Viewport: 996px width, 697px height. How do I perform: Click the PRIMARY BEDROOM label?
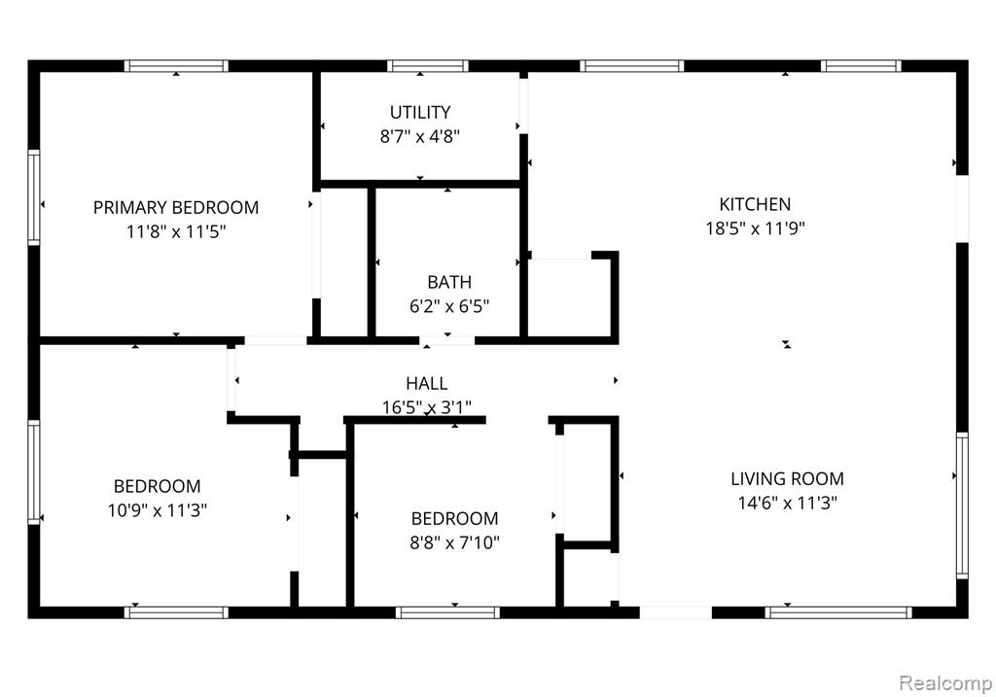(176, 208)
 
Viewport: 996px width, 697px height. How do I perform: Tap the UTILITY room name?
(420, 113)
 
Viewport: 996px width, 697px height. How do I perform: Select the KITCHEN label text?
(755, 204)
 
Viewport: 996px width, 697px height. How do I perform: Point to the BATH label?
(449, 282)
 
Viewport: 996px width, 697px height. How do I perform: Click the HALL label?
(426, 383)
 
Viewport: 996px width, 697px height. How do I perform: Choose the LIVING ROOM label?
(787, 478)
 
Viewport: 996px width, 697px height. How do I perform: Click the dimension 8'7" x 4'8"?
(420, 136)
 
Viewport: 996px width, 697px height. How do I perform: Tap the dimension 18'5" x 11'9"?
(755, 228)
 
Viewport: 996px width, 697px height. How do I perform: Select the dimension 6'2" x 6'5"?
(449, 306)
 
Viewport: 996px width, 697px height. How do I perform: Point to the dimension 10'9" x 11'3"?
(158, 510)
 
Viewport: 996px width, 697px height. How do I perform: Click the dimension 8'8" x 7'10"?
(455, 542)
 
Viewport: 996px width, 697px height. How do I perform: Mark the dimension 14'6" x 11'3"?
(787, 504)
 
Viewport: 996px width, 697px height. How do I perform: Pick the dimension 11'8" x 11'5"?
(176, 231)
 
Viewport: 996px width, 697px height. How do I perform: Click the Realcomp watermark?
(945, 683)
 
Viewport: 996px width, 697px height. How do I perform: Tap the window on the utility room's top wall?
(428, 66)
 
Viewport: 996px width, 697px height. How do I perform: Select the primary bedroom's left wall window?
(34, 197)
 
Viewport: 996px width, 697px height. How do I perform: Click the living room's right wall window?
(962, 505)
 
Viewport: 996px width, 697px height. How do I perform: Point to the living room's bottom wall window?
(838, 612)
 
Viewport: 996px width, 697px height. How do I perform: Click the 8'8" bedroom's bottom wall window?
(447, 612)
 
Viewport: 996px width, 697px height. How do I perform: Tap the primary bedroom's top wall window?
(176, 66)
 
